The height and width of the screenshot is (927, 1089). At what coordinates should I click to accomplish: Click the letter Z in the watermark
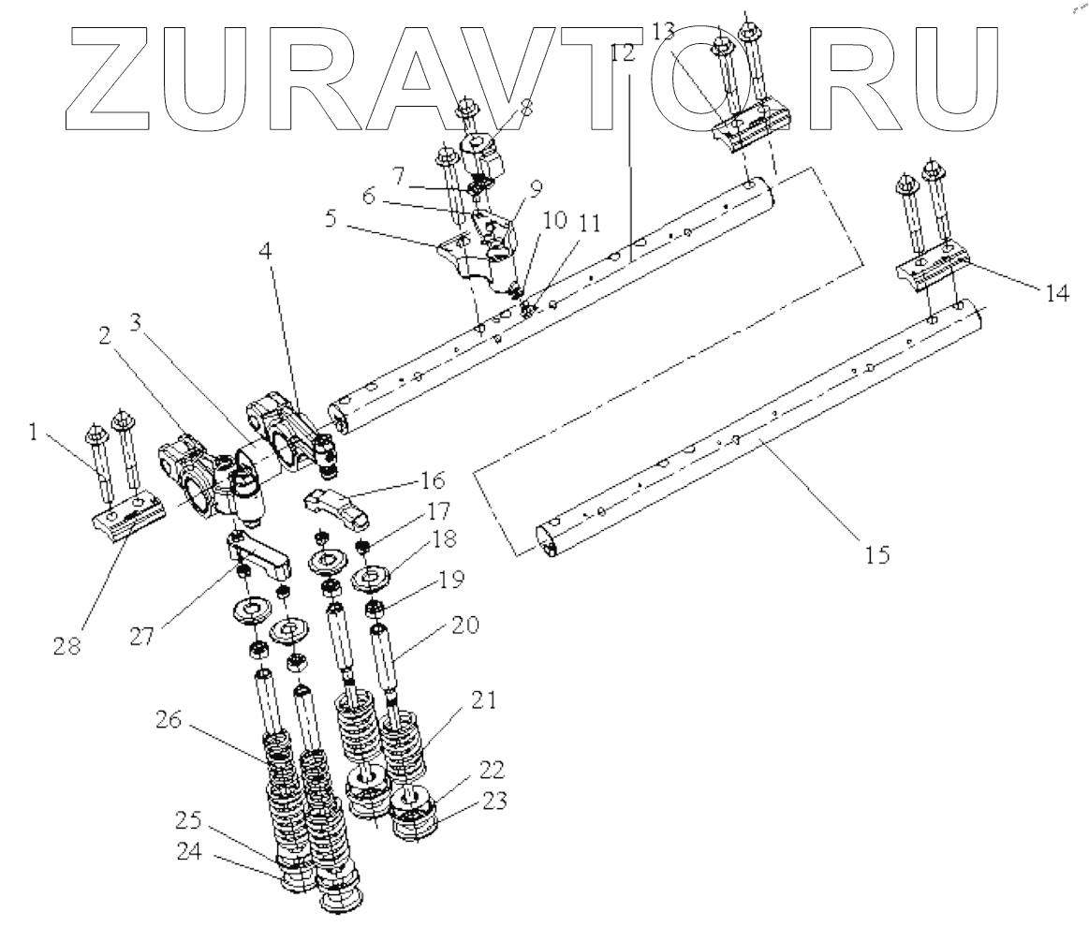tap(111, 75)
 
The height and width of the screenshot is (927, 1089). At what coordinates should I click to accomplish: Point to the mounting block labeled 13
tap(749, 131)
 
